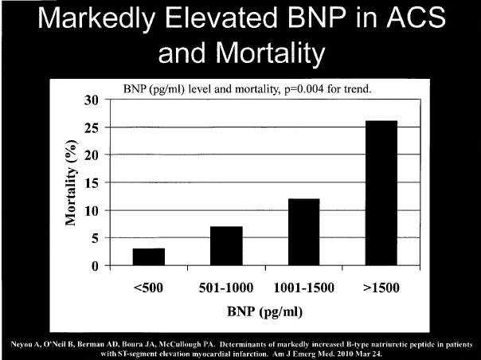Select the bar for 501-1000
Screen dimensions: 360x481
226,246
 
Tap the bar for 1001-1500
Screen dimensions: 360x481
303,232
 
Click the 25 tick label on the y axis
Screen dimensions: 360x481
94,127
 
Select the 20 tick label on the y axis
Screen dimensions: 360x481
94,155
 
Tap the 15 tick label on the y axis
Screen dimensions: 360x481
94,183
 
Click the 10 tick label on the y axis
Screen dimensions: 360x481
94,211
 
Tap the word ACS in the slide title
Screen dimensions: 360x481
405,22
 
